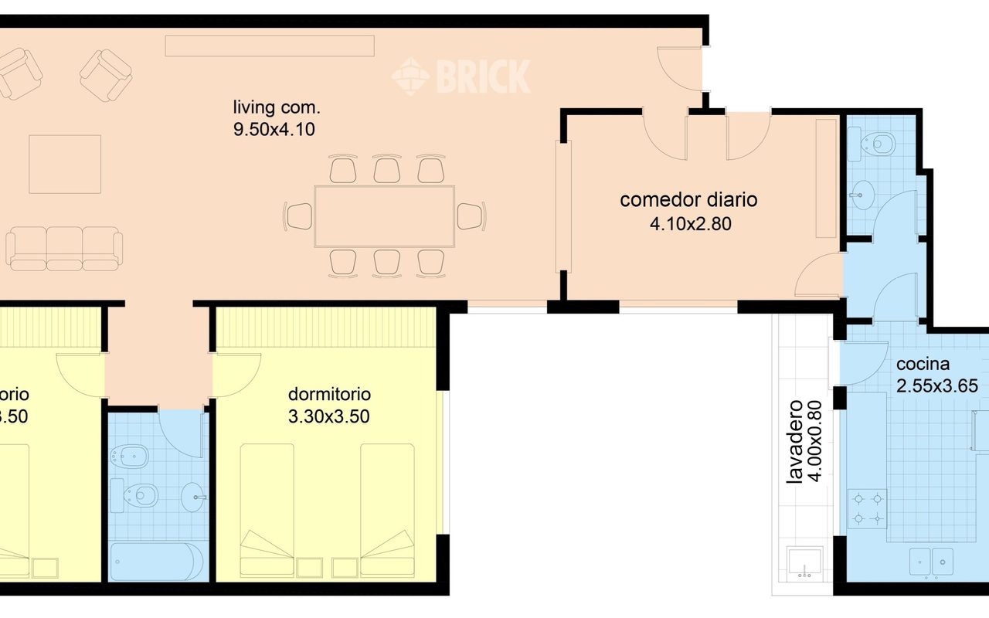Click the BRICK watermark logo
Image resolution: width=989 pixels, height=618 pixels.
461,76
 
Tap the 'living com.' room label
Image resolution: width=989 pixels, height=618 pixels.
276,107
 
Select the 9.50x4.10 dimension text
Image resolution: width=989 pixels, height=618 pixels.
274,129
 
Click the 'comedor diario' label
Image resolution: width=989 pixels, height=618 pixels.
688,200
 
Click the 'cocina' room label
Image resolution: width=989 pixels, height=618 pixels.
923,365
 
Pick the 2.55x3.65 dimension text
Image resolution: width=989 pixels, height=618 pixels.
937,386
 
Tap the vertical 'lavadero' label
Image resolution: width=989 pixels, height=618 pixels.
794,442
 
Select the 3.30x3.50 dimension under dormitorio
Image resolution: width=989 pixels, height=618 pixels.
328,417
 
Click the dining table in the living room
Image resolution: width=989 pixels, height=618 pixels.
384,216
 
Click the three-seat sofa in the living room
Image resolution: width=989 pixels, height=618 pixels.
64,248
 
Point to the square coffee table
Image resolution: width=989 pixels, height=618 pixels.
65,164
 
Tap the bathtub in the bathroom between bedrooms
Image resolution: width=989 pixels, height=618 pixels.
157,561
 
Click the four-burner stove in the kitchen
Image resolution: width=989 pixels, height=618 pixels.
867,508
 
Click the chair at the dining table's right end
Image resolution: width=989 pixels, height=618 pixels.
471,216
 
